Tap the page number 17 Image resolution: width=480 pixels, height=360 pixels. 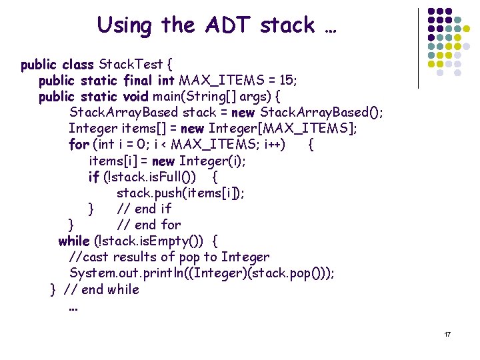[x=447, y=333]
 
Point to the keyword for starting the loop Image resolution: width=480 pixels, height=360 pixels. [x=79, y=145]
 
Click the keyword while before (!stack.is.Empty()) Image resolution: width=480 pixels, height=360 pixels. [x=73, y=241]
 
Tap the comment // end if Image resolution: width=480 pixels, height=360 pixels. [x=144, y=209]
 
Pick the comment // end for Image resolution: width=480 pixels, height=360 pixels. [x=149, y=225]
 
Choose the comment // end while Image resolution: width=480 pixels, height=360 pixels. [x=101, y=289]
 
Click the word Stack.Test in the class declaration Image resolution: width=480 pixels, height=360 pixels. [x=130, y=65]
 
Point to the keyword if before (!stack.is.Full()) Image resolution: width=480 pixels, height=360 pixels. [x=93, y=177]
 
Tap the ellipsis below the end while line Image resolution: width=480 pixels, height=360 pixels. [x=73, y=309]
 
